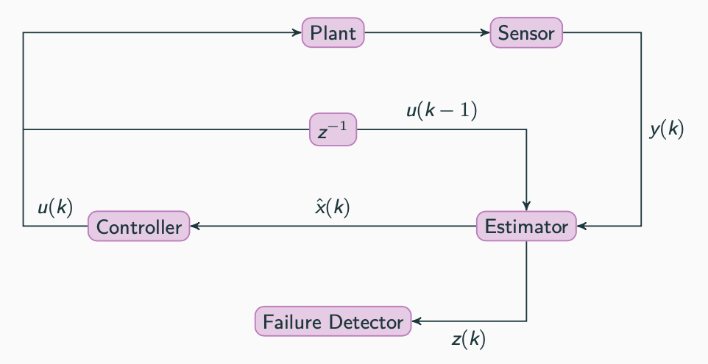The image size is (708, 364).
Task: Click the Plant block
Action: [333, 33]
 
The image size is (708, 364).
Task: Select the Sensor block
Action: [526, 33]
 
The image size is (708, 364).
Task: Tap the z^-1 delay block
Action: [333, 131]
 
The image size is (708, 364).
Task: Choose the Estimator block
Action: [526, 226]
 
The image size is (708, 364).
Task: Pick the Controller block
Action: [138, 226]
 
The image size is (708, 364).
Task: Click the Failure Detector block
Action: [333, 322]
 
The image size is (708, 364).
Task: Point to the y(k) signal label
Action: [667, 130]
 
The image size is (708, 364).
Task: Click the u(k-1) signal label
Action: [442, 112]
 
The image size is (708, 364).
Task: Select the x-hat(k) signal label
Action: [332, 207]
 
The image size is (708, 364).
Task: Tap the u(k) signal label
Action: [55, 207]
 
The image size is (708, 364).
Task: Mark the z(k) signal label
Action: [468, 340]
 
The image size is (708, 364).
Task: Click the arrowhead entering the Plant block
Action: [298, 33]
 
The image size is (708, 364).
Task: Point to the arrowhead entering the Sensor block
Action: [486, 33]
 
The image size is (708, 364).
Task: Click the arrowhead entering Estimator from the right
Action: [581, 226]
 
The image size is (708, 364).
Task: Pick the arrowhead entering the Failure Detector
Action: [417, 322]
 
